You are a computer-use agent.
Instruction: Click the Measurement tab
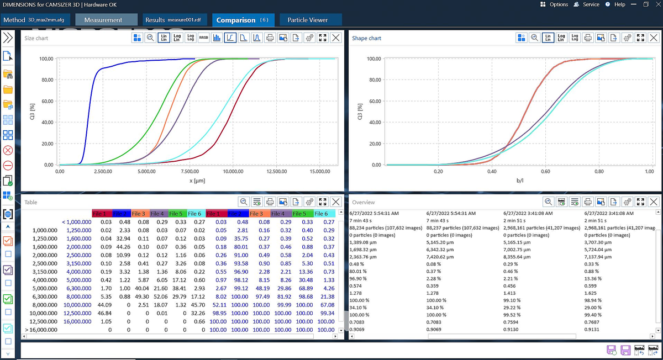(103, 20)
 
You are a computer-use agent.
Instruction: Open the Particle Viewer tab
(308, 20)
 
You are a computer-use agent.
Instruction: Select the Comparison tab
(242, 20)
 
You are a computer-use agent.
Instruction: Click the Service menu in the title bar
(587, 4)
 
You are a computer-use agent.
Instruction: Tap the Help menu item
(615, 4)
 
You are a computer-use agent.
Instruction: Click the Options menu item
(554, 4)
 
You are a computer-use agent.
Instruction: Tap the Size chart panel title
(36, 38)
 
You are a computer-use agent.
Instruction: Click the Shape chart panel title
(366, 38)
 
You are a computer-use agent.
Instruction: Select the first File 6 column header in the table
(194, 214)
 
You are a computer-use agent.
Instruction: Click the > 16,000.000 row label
(40, 330)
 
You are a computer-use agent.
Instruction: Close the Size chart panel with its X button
(335, 38)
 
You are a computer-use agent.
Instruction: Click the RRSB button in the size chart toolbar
(203, 38)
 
